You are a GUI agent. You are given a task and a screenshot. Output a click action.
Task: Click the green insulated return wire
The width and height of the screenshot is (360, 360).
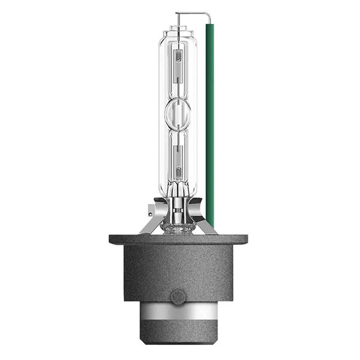pos(209,120)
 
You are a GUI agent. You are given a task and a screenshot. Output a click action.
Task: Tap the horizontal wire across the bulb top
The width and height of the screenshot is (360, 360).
pos(192,13)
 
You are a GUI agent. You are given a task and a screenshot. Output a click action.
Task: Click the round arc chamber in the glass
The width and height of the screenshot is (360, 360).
pos(178,112)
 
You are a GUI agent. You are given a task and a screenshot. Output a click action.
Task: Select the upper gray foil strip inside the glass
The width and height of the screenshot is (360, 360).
pos(178,66)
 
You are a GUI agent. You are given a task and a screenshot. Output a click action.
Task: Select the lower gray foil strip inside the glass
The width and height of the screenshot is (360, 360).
pos(178,159)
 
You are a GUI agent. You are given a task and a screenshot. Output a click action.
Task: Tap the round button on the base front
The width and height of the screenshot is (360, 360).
pos(178,296)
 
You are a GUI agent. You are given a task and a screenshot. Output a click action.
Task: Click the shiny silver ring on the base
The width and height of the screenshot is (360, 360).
pos(178,312)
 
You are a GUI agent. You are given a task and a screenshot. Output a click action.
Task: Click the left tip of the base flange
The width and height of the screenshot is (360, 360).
pos(111,239)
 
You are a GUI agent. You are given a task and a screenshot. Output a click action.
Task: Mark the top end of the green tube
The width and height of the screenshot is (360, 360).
pos(209,25)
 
